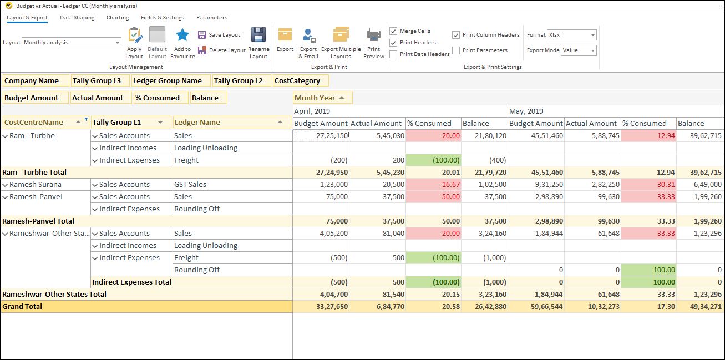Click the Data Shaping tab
point(77,18)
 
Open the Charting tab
point(118,18)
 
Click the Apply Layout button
point(134,43)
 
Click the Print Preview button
point(374,43)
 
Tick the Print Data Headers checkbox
point(393,54)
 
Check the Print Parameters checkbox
point(456,50)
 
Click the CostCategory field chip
point(297,81)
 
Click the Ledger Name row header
point(197,123)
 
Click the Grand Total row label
point(22,306)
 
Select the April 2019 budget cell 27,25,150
point(321,135)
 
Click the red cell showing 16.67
point(433,184)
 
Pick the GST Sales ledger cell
point(190,184)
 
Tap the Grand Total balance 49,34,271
point(699,306)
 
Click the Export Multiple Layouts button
point(341,43)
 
